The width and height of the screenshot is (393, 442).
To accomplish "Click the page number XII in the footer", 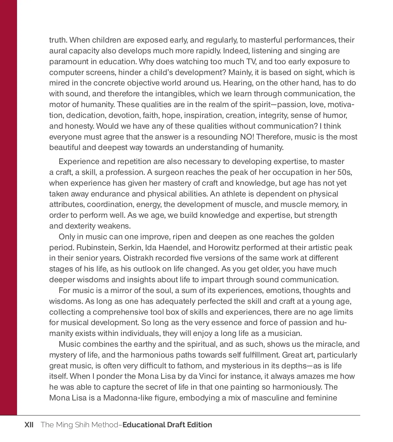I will (29, 425).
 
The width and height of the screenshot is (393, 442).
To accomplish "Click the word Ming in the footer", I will (64, 425).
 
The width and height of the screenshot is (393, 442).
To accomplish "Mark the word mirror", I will (121, 290).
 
